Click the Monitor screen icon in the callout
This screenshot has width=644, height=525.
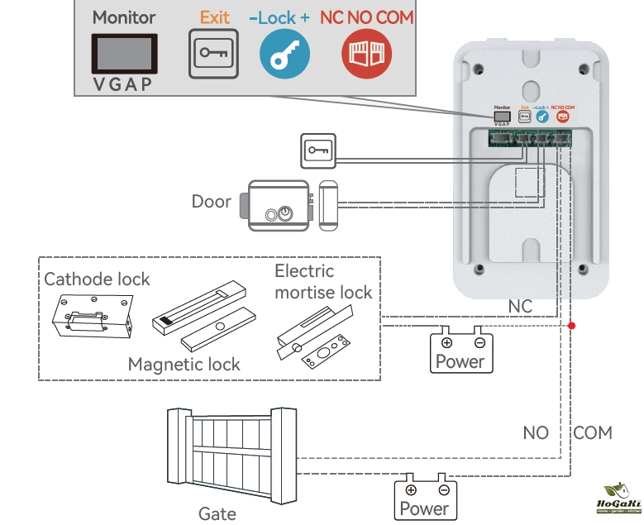[123, 55]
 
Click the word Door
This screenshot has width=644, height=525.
[211, 202]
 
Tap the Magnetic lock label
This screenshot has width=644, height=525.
[184, 364]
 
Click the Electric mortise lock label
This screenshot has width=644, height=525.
[323, 281]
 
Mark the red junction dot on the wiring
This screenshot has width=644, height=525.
[571, 326]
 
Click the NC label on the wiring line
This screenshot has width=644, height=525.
[520, 307]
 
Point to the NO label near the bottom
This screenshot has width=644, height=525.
[536, 432]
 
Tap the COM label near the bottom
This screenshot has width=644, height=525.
[593, 432]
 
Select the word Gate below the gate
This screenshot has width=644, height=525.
[217, 513]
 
